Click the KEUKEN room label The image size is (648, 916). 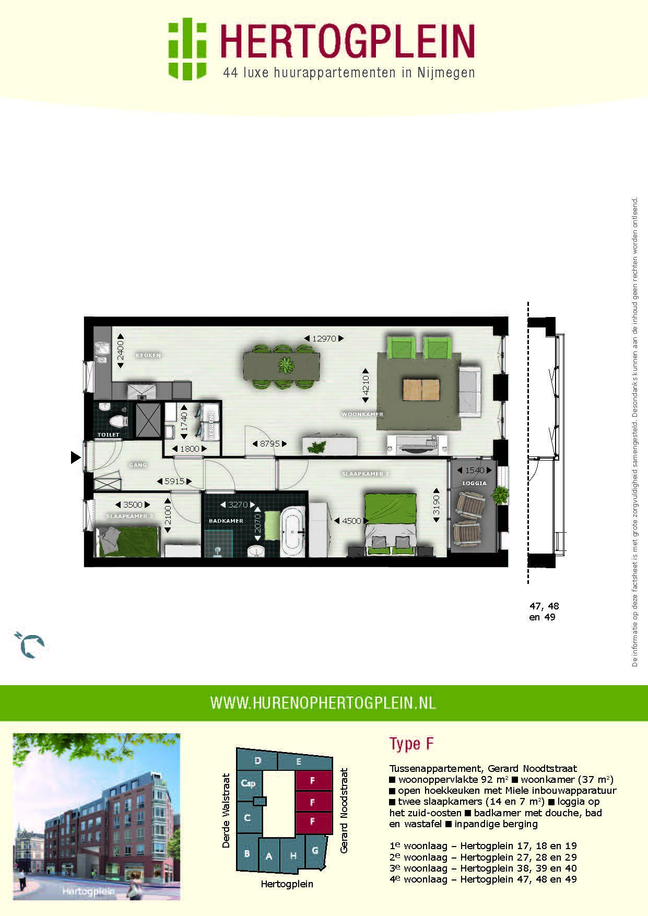(x=148, y=355)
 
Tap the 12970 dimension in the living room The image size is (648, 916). (x=324, y=338)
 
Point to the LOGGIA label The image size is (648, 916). (x=474, y=483)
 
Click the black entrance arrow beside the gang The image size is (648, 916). (x=76, y=458)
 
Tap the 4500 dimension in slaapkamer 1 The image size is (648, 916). (x=351, y=521)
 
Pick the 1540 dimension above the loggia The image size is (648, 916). (x=475, y=470)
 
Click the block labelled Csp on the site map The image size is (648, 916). (x=248, y=783)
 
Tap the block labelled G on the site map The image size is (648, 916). (x=315, y=850)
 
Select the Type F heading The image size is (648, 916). (x=411, y=744)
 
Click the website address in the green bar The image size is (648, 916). (x=323, y=703)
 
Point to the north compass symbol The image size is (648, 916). (x=30, y=644)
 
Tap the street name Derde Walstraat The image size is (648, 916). (x=226, y=811)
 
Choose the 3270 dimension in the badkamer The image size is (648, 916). (x=238, y=505)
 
